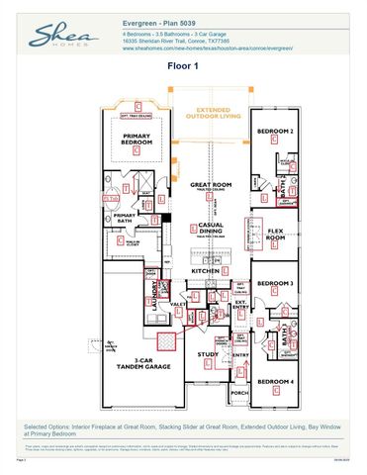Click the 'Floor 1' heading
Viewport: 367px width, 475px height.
[x=183, y=66]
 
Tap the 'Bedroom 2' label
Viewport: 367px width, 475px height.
[x=275, y=131]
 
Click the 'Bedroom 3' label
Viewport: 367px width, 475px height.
[x=275, y=283]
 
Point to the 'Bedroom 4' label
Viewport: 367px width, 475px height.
[x=276, y=381]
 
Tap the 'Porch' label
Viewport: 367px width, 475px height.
[x=239, y=392]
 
